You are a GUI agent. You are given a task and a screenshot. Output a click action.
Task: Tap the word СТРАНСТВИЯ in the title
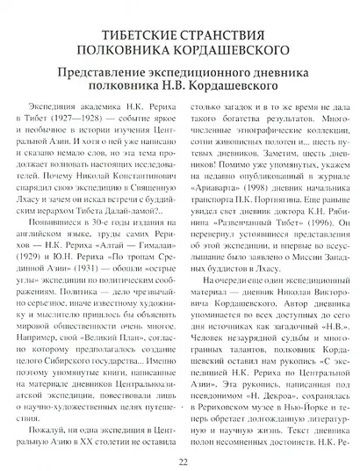(x=212, y=25)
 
